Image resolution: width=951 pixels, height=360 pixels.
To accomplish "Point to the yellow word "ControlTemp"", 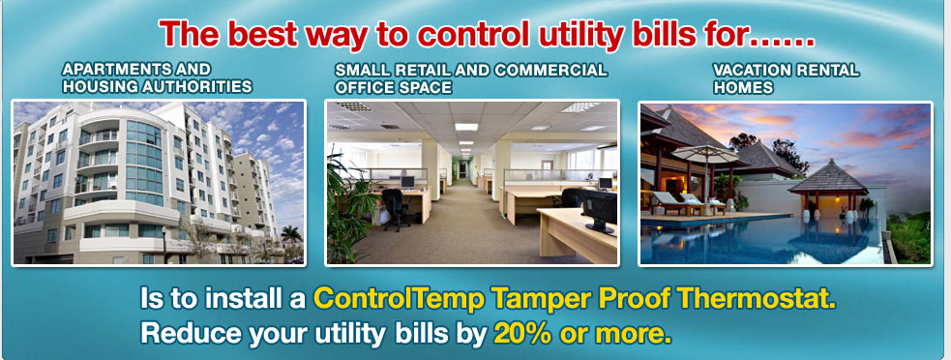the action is tap(400, 299).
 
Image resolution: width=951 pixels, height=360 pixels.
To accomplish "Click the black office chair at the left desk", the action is tap(396, 209).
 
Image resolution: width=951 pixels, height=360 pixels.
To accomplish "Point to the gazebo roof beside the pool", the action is tap(828, 177).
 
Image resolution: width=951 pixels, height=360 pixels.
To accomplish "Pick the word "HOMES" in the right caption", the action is tap(743, 87).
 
